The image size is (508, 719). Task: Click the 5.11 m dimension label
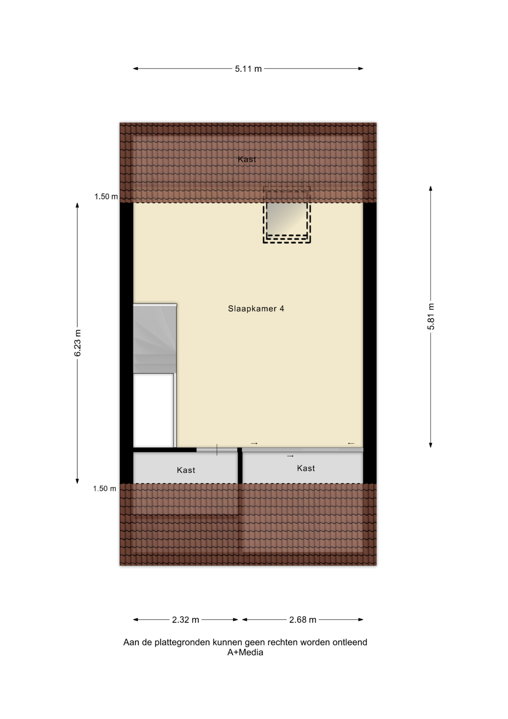pos(248,69)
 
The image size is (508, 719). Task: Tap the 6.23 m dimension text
pos(77,343)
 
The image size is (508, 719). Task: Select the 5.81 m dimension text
pos(431,316)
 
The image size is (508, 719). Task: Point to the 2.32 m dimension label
pos(186,620)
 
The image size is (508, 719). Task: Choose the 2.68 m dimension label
pos(303,620)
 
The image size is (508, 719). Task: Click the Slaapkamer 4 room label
pos(256,309)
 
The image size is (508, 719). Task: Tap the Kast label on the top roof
pos(247,159)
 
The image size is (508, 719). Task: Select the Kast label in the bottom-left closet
pos(186,470)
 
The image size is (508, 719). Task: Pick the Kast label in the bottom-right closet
pos(306,468)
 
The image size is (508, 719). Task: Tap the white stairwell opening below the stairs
pos(154,410)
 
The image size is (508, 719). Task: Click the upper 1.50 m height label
pos(106,197)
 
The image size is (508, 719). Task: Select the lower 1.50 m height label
pos(105,488)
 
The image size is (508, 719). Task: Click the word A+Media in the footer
pos(245,652)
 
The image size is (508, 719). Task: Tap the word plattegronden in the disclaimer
pos(180,643)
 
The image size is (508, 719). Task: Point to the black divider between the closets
pos(240,465)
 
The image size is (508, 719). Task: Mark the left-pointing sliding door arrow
pos(351,443)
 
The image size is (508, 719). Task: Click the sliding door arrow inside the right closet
pos(290,456)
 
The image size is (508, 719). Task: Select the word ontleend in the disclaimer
pos(350,642)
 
